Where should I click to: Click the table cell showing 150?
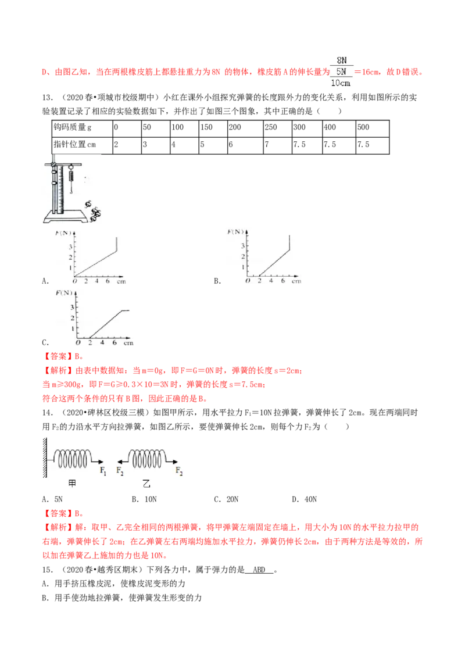(213, 128)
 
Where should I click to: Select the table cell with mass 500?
(372, 128)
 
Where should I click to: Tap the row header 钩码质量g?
(83, 128)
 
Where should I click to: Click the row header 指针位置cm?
(83, 145)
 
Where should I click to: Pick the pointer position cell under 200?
(245, 145)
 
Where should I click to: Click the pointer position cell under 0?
(127, 145)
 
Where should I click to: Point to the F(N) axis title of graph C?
(64, 293)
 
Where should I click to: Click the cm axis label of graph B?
(296, 281)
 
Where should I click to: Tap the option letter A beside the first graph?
(45, 281)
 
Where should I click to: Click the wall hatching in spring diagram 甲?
(45, 457)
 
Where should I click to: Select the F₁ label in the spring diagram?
(103, 471)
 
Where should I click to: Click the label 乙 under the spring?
(146, 484)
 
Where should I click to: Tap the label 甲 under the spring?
(72, 484)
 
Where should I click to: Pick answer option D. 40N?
(304, 499)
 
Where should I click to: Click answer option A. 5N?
(52, 499)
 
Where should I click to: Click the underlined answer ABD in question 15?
(259, 570)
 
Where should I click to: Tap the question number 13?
(47, 97)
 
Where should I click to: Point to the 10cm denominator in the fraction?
(341, 83)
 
